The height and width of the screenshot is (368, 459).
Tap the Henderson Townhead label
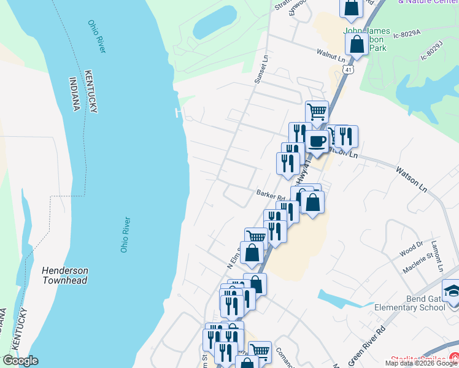pos(65,275)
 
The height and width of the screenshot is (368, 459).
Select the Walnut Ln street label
pos(331,55)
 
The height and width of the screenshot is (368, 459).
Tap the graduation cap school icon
pos(451,289)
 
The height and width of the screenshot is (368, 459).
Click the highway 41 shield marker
pos(348,71)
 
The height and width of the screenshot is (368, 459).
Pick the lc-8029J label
pos(431,50)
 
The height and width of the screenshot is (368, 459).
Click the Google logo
pos(20,361)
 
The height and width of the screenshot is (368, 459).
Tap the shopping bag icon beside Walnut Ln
pos(357,44)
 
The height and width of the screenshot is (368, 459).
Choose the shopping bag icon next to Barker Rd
pos(312,202)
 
